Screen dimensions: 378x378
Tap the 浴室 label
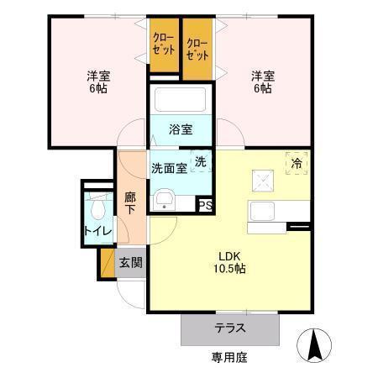[181, 129]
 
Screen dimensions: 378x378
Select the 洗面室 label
[168, 167]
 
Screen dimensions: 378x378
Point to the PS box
[206, 203]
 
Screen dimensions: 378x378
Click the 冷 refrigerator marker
[297, 164]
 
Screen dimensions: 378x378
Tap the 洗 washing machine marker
[202, 160]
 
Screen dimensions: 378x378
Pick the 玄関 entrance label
[130, 262]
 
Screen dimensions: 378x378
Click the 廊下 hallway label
[130, 204]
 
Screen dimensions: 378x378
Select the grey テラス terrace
[229, 328]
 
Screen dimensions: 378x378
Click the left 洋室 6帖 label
[97, 81]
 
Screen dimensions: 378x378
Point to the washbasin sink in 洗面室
[165, 200]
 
